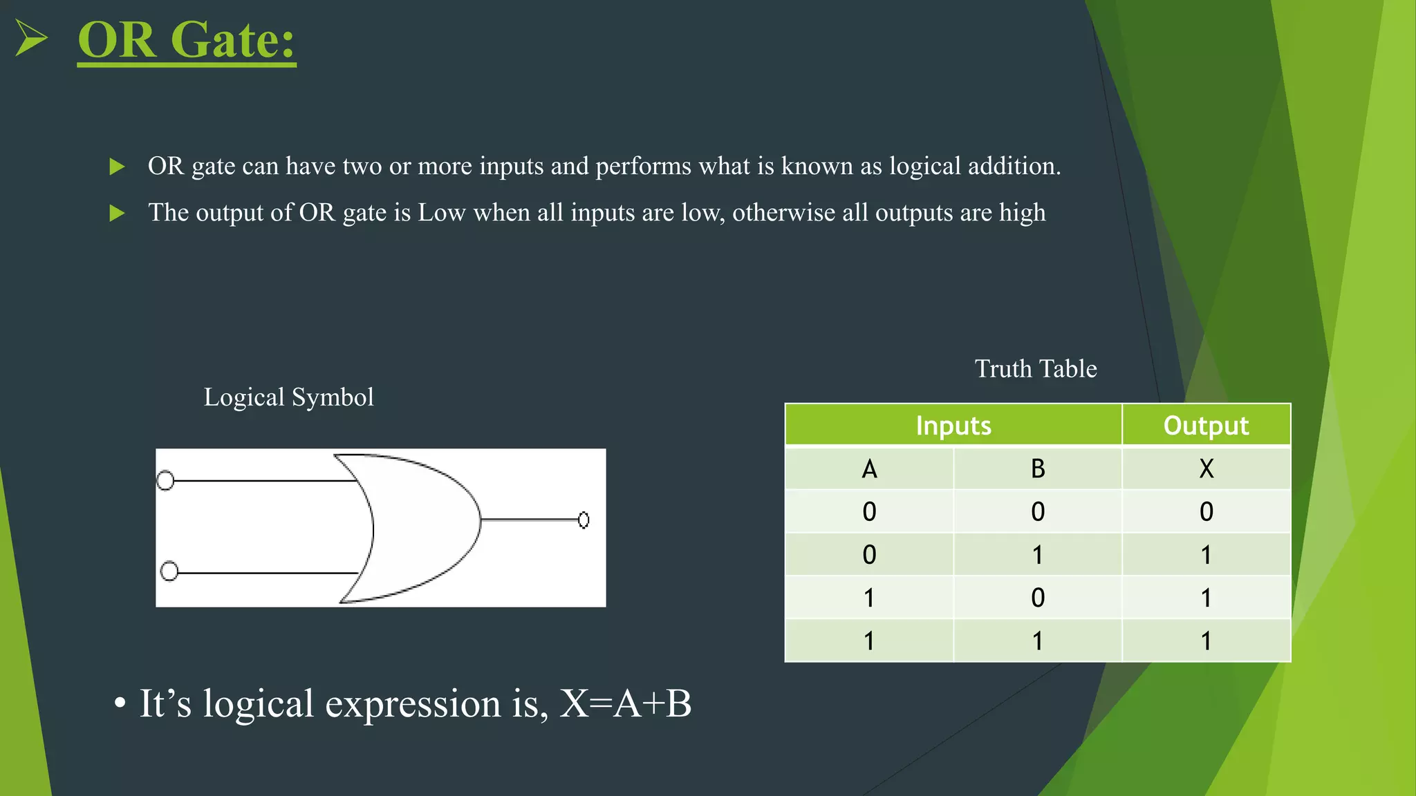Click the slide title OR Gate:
186,39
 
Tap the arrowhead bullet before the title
31,37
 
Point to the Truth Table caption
1035,369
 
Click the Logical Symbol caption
288,397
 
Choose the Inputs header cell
953,425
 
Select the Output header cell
1206,425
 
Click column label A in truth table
869,469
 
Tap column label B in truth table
1037,469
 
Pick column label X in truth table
1206,469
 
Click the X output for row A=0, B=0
1206,512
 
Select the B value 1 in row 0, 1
1037,555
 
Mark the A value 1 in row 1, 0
869,598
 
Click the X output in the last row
1206,641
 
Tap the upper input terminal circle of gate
165,480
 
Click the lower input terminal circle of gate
169,571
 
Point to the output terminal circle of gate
584,520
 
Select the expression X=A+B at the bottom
625,703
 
